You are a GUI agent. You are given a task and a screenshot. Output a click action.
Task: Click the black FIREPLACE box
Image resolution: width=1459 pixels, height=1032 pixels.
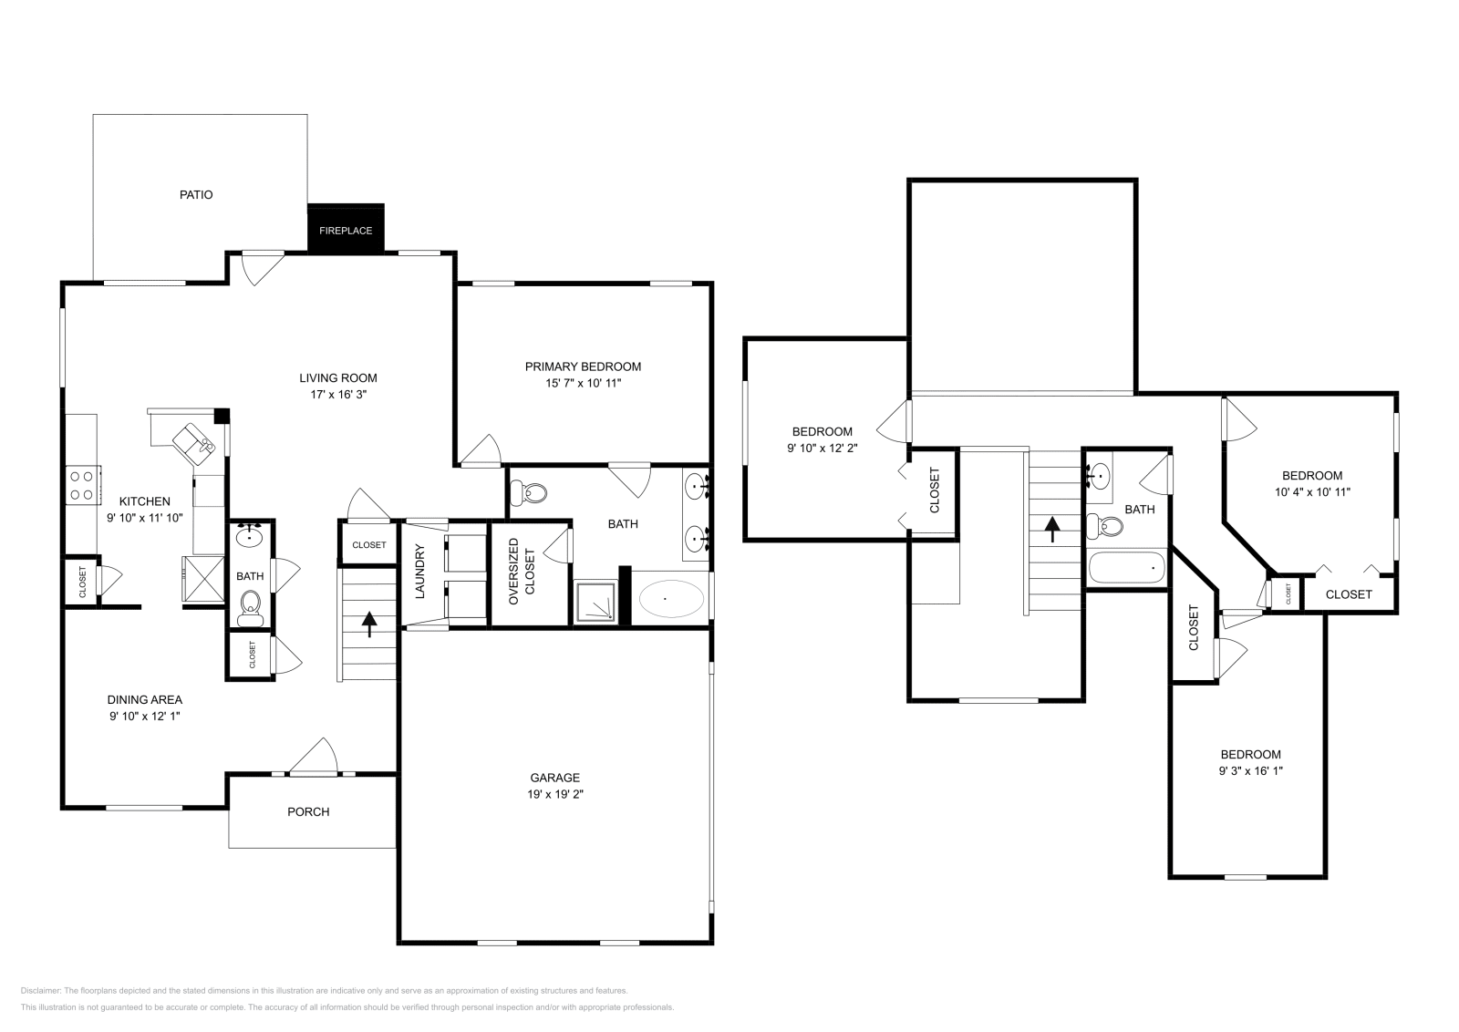tap(346, 229)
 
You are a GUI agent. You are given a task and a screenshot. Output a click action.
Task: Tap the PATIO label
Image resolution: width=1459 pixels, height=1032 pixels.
tap(196, 194)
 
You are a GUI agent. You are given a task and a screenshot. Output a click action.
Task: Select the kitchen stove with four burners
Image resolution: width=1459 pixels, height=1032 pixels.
tap(82, 484)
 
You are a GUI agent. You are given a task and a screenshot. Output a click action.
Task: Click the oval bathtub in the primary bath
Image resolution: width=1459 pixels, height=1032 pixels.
tap(671, 599)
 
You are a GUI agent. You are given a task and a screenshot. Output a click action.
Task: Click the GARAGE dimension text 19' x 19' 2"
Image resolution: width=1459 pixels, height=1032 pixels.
tap(555, 794)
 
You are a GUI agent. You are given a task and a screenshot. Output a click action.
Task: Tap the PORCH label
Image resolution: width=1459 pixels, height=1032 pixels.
tap(308, 811)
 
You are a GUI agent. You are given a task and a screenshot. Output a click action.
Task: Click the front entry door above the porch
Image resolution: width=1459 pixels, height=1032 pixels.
tap(314, 757)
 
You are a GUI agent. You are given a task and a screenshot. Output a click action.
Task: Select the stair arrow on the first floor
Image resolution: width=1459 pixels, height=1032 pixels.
tap(369, 624)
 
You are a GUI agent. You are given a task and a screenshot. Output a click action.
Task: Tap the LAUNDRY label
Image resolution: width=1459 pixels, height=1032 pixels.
tap(420, 572)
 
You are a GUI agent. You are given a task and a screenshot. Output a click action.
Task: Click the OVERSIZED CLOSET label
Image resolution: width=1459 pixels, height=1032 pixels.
tap(522, 572)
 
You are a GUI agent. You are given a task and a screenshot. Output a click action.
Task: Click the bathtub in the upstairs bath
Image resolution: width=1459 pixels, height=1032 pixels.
tap(1127, 568)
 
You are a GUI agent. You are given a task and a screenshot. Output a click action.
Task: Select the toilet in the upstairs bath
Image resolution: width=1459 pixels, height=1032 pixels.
tap(1105, 526)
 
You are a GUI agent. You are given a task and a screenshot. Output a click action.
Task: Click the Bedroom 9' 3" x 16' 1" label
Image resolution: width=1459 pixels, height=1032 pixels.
tap(1250, 762)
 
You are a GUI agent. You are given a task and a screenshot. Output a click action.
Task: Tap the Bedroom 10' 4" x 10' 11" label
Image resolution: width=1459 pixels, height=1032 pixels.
tap(1311, 483)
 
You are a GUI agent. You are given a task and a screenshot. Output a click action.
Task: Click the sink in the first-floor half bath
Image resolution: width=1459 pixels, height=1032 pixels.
tap(249, 538)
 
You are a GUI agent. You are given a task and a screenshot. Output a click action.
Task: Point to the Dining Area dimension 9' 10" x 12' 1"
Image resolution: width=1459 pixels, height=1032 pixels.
tap(145, 717)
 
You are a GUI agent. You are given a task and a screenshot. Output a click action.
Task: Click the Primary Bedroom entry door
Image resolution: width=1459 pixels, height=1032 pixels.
tap(480, 449)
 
